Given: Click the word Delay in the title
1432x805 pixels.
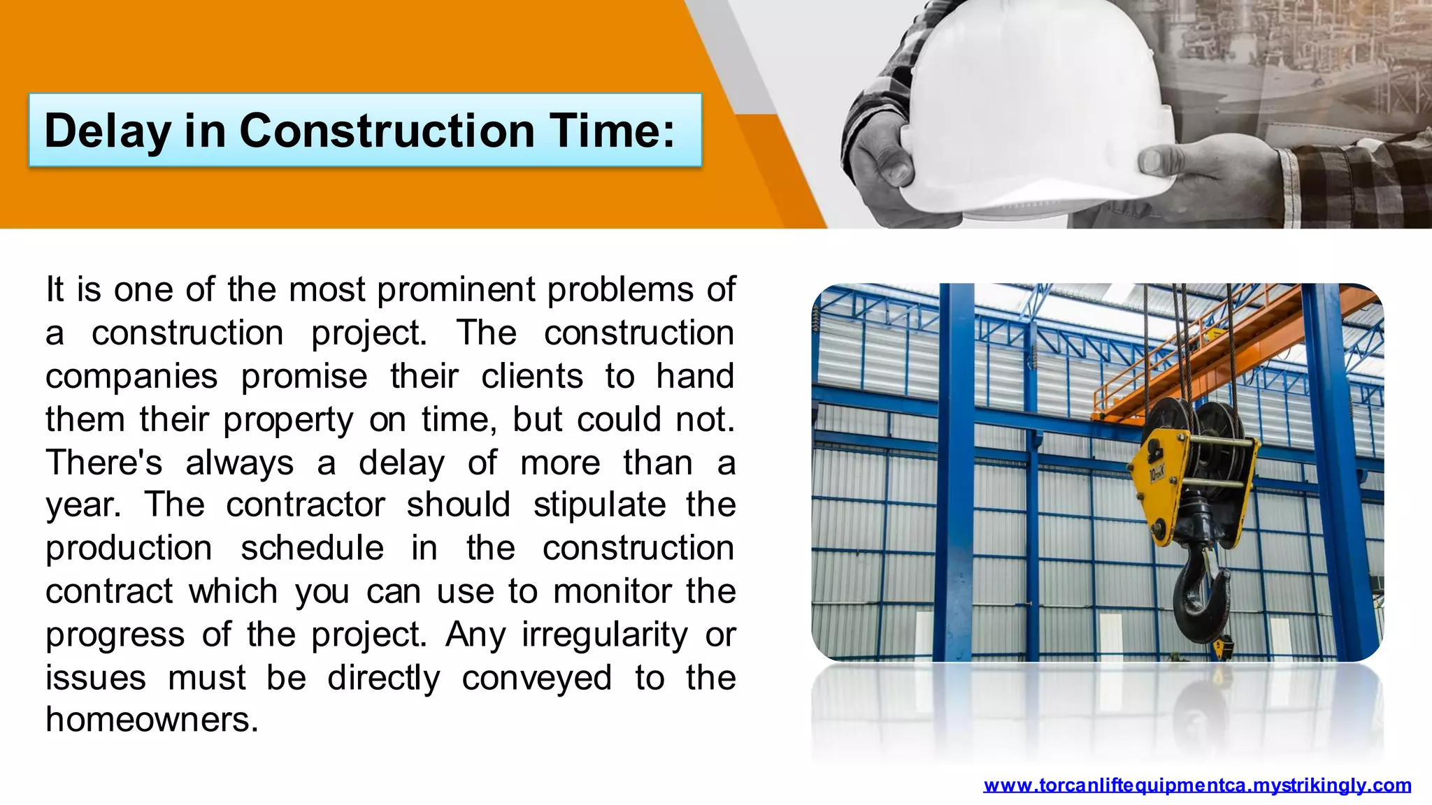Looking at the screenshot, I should pos(107,131).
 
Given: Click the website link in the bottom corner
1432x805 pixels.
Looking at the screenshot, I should pos(1196,785).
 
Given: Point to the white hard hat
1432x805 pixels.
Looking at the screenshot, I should pos(1035,105).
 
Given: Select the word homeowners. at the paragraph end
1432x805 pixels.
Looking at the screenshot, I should pos(152,720).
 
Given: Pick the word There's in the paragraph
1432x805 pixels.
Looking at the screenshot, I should pos(103,463).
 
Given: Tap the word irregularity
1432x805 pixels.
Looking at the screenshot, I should pos(604,635).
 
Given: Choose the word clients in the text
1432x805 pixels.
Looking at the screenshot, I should pos(531,377).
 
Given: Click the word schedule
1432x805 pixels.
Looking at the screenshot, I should pos(312,549).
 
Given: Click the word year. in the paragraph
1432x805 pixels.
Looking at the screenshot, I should pos(83,505).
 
